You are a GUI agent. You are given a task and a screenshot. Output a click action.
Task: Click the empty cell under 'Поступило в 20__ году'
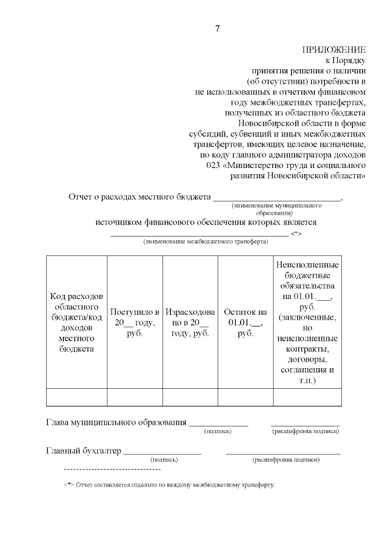click(x=135, y=397)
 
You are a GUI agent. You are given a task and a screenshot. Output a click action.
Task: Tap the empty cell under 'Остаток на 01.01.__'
click(x=246, y=397)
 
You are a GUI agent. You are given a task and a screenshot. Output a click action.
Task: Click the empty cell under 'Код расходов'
click(x=76, y=397)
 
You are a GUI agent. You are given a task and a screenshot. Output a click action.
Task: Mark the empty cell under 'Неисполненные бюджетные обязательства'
click(x=307, y=397)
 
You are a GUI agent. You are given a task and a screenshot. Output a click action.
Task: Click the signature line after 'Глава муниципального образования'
click(x=218, y=425)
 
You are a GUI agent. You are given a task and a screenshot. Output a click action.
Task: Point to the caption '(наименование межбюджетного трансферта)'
click(x=205, y=241)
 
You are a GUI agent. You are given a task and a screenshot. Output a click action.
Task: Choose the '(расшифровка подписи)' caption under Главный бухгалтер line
click(x=286, y=460)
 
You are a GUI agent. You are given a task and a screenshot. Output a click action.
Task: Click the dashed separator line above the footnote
click(x=112, y=470)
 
